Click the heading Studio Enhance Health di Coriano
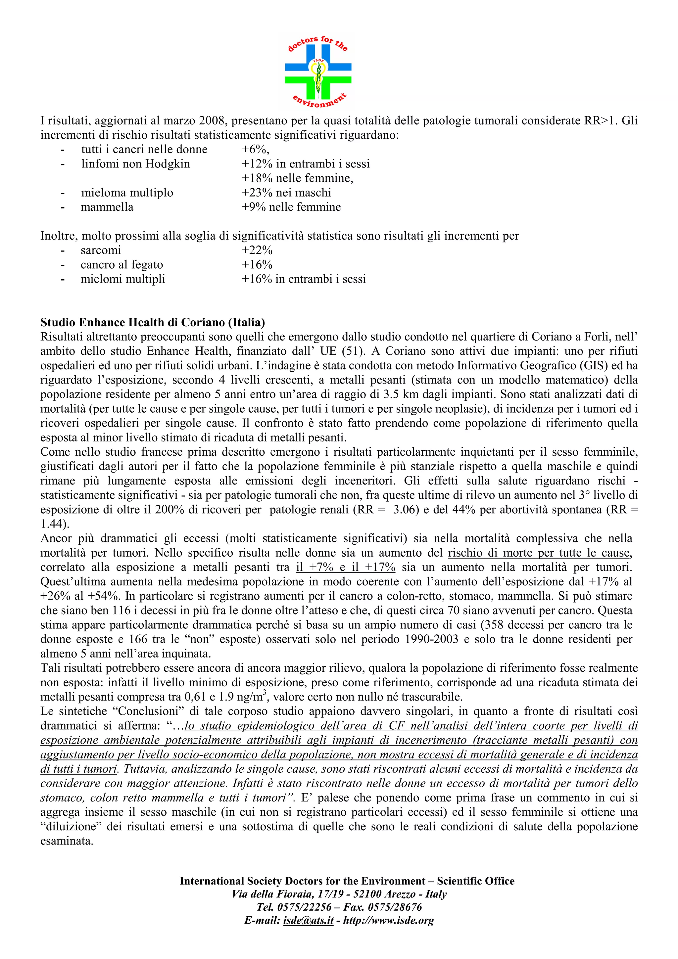coord(153,322)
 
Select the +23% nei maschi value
coord(286,193)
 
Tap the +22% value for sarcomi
coord(257,250)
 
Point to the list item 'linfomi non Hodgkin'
coord(135,164)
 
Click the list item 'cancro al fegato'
coord(121,265)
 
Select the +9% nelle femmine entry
coord(291,207)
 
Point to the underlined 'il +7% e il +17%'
coord(346,567)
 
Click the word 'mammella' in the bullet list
coord(107,207)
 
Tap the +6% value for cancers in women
coord(255,150)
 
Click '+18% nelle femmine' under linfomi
coord(297,178)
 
